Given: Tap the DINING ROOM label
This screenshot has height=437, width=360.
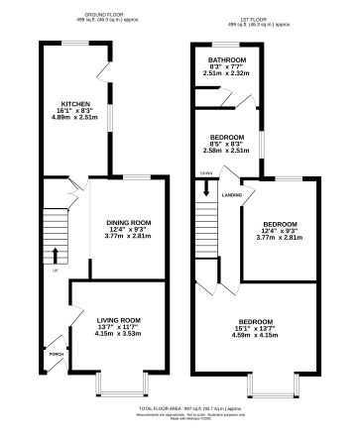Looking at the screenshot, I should point(128,222).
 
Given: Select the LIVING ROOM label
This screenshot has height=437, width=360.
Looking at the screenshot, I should point(119,320).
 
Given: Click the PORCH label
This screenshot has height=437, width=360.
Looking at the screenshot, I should point(55,352).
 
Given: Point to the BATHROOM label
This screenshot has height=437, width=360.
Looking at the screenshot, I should point(227,58).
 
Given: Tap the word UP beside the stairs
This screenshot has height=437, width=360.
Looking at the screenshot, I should point(55,268).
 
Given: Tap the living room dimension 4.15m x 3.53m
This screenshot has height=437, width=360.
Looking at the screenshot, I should point(119,336).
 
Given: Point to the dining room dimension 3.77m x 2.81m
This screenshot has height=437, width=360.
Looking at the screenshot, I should point(128,238).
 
